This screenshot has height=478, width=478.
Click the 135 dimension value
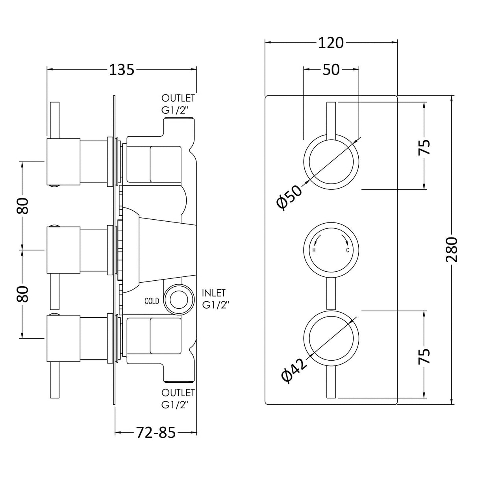pos(122,70)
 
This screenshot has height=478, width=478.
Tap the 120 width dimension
pos(331,43)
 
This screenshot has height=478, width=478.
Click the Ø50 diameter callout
pos(289,198)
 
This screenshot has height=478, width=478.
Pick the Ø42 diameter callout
pos(295,371)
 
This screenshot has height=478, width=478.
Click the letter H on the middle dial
pos(314,250)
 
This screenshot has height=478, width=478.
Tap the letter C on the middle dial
pos(348,250)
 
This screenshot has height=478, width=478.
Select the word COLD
pos(152,301)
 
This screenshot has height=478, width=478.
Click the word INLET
pos(214,293)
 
